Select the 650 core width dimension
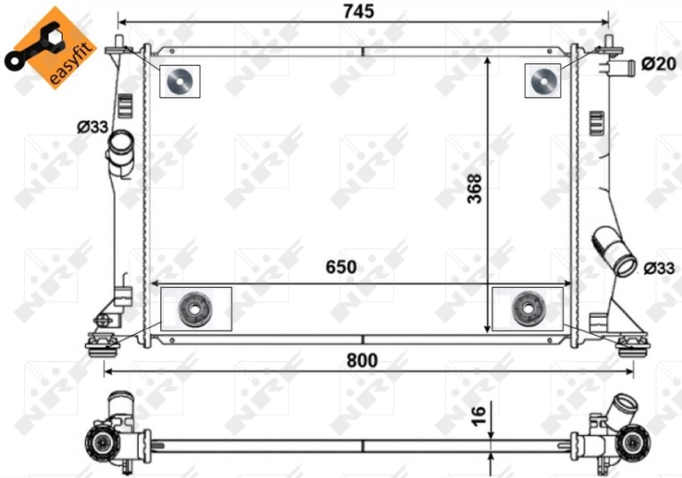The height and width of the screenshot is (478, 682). coord(340,267)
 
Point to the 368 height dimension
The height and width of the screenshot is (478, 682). coord(475,190)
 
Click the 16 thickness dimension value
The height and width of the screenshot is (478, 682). coord(478,416)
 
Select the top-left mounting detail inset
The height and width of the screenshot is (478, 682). coord(180,82)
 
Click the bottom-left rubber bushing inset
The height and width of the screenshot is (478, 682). coord(196,308)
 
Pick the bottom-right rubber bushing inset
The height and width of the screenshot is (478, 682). coord(528,308)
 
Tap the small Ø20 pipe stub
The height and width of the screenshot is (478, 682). coord(619,66)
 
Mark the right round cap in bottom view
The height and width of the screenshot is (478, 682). coord(632,443)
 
